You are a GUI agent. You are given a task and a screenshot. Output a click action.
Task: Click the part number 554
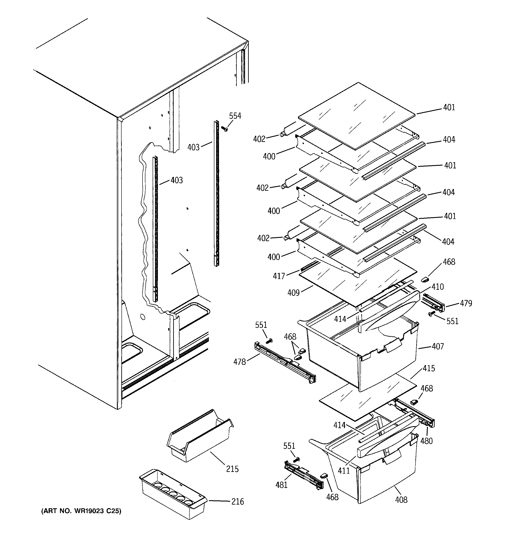coord(235,116)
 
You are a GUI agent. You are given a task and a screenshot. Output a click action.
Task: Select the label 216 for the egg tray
coord(238,501)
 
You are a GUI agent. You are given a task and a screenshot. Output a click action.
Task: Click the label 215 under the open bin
coord(232,469)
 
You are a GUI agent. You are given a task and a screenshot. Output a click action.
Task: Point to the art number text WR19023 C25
coord(81,511)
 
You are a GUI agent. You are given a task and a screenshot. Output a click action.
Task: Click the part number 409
coord(293,293)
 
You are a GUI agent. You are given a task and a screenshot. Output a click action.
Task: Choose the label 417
coord(279,276)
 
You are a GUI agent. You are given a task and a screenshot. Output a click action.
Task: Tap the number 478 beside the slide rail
coord(239,362)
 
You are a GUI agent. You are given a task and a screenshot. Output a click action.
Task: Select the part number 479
coord(466,303)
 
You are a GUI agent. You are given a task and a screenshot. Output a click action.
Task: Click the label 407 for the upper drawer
coord(438,346)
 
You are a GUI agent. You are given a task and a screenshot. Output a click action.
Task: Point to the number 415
coord(429,368)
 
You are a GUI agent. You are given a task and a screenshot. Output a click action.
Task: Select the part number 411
coord(344,470)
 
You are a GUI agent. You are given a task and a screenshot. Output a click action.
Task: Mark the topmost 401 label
coord(449,108)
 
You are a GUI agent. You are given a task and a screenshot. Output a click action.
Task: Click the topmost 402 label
coord(259,139)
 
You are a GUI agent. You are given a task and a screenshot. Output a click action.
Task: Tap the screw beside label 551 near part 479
coord(431,314)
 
